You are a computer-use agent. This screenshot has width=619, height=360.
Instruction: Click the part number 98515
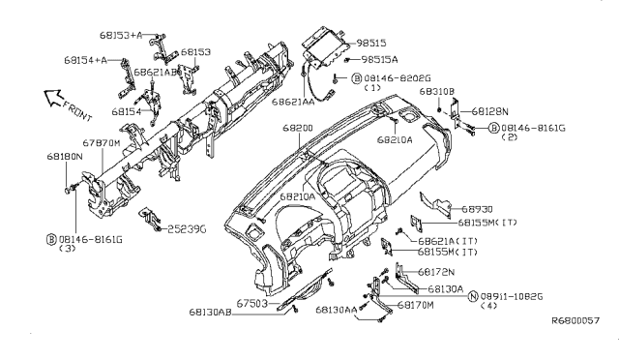[x=372, y=44]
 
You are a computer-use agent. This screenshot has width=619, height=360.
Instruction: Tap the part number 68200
[x=297, y=128]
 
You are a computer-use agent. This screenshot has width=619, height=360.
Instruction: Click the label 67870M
[x=101, y=142]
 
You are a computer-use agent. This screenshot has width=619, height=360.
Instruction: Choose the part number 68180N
[x=64, y=155]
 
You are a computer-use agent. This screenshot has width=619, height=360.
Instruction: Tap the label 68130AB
[x=211, y=313]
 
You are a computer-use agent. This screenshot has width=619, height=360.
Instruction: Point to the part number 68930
[x=477, y=208]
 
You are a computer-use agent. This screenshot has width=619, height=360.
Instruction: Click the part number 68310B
[x=436, y=91]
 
